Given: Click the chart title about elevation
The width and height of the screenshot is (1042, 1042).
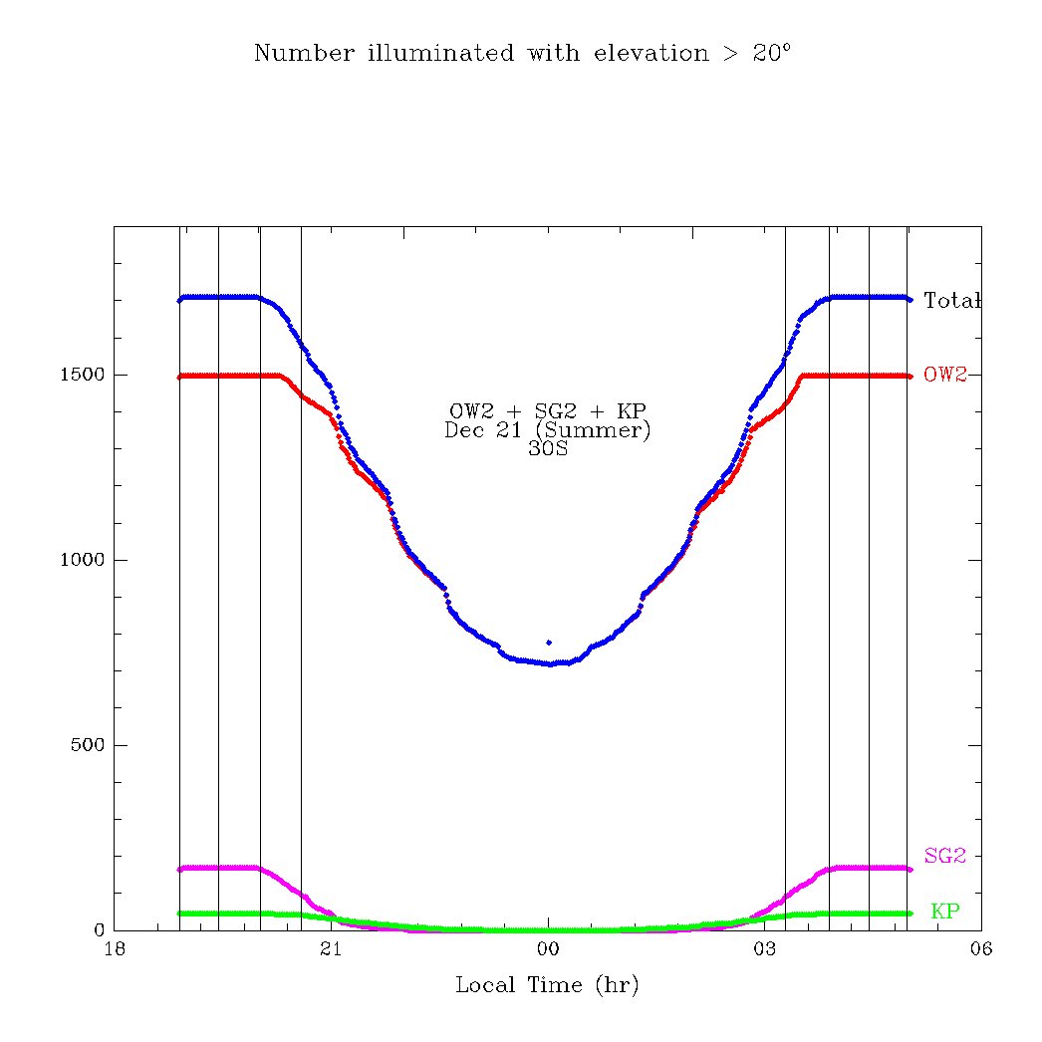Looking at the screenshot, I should [522, 53].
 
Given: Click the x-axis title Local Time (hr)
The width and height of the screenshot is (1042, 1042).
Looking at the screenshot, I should [547, 985].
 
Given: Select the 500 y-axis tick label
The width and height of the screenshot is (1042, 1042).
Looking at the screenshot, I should [88, 746].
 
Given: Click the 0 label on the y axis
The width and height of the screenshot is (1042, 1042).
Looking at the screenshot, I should [99, 930].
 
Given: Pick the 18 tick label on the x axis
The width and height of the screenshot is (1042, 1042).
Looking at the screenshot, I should [114, 949].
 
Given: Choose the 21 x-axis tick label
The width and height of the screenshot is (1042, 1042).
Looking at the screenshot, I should [331, 949].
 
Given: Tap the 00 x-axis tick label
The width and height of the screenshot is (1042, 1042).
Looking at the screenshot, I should [548, 949].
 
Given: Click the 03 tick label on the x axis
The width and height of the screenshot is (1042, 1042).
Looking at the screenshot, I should [764, 949].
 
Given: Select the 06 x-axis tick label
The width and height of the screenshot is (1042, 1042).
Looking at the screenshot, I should [981, 949].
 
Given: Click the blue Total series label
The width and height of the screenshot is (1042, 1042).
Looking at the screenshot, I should [952, 300].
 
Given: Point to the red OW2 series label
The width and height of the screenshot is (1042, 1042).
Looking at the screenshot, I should [945, 376].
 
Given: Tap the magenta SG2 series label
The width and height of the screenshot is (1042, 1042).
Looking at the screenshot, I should [945, 856].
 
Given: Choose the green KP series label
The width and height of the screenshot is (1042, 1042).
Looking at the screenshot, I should [945, 911].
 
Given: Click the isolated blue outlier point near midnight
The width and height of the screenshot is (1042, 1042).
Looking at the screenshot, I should [549, 643].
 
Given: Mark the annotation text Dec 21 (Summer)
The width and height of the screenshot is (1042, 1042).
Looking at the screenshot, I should [547, 429].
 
